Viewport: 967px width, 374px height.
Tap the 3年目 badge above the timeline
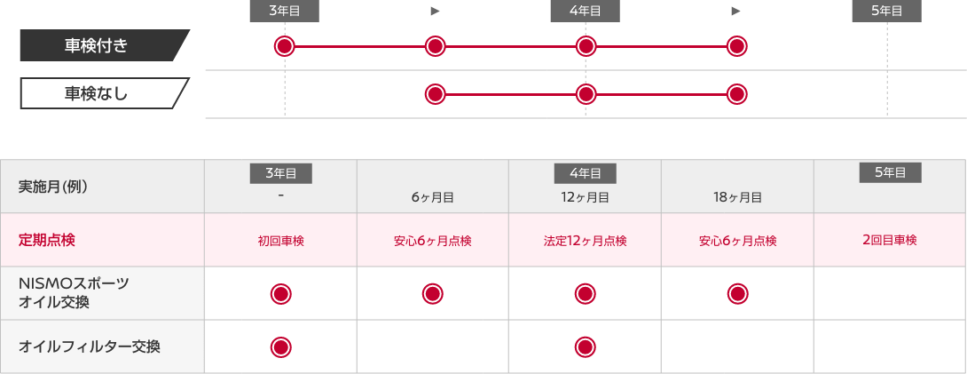tap(284, 11)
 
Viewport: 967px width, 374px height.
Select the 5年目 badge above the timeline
tap(886, 11)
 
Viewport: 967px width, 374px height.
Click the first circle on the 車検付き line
tap(284, 46)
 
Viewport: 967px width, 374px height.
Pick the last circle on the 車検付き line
tap(736, 46)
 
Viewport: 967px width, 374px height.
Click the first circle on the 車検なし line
tap(435, 93)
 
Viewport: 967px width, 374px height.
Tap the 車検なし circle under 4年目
tap(585, 93)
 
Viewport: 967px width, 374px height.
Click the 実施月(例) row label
tap(53, 187)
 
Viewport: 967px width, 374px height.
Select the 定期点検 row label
tap(45, 240)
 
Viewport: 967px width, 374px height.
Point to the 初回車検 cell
tap(280, 241)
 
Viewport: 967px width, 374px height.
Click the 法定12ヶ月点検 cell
tap(585, 241)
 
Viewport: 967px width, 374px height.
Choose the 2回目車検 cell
tap(889, 240)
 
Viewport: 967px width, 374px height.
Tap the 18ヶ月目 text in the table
tap(736, 198)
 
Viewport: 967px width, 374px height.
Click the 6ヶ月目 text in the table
tap(432, 198)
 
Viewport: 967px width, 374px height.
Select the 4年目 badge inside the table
tap(585, 173)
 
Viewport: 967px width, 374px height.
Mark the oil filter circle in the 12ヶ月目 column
tap(585, 346)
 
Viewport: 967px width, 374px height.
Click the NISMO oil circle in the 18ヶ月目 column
tap(736, 293)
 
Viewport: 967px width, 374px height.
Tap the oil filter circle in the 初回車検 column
tap(280, 346)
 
